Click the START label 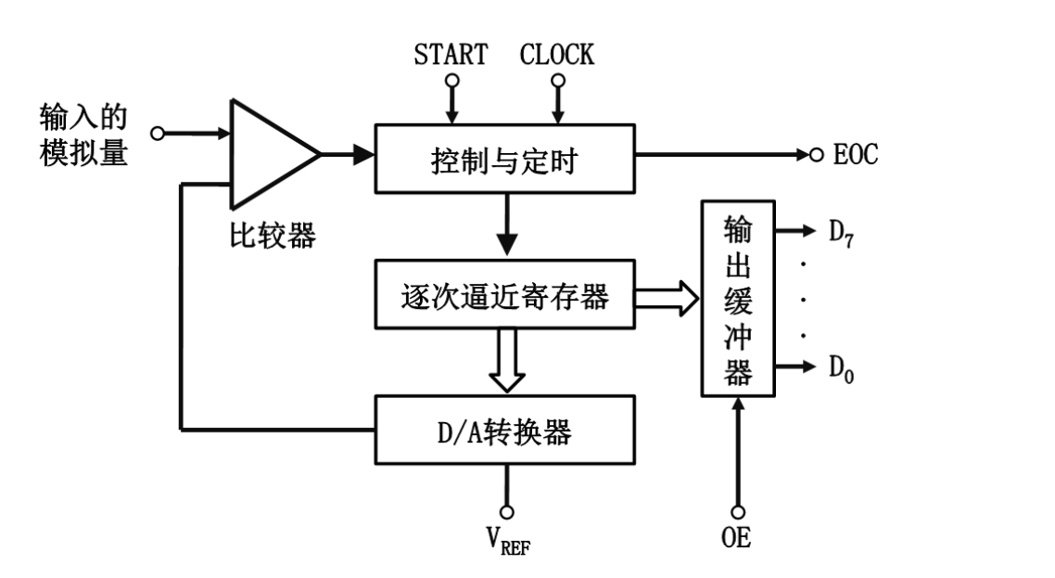(x=451, y=55)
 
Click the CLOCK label (x=557, y=55)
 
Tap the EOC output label (x=855, y=155)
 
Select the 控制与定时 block (x=504, y=158)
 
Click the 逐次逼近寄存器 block (x=504, y=295)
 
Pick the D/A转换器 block (x=504, y=430)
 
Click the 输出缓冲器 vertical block (x=737, y=297)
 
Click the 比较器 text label (x=273, y=237)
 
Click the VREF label (x=506, y=540)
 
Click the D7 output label (x=840, y=232)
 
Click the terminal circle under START (x=451, y=81)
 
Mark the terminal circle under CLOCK (x=557, y=81)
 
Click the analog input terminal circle (x=158, y=135)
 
